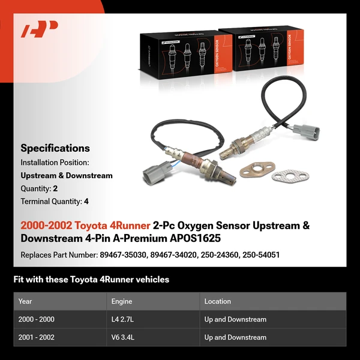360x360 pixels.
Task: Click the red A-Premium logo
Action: (39, 29)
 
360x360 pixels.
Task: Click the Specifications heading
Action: (55, 148)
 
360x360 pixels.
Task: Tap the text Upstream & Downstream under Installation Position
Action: (66, 176)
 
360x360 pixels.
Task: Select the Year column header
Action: (25, 301)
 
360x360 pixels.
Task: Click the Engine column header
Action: (121, 301)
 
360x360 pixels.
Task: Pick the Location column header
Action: (217, 301)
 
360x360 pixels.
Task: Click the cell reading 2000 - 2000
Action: (36, 319)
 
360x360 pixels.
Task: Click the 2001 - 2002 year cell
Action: (36, 337)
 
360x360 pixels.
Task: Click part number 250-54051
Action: (260, 255)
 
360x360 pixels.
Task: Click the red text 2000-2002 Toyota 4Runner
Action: (85, 226)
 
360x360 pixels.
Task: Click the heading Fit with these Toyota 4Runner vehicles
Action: (91, 279)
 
